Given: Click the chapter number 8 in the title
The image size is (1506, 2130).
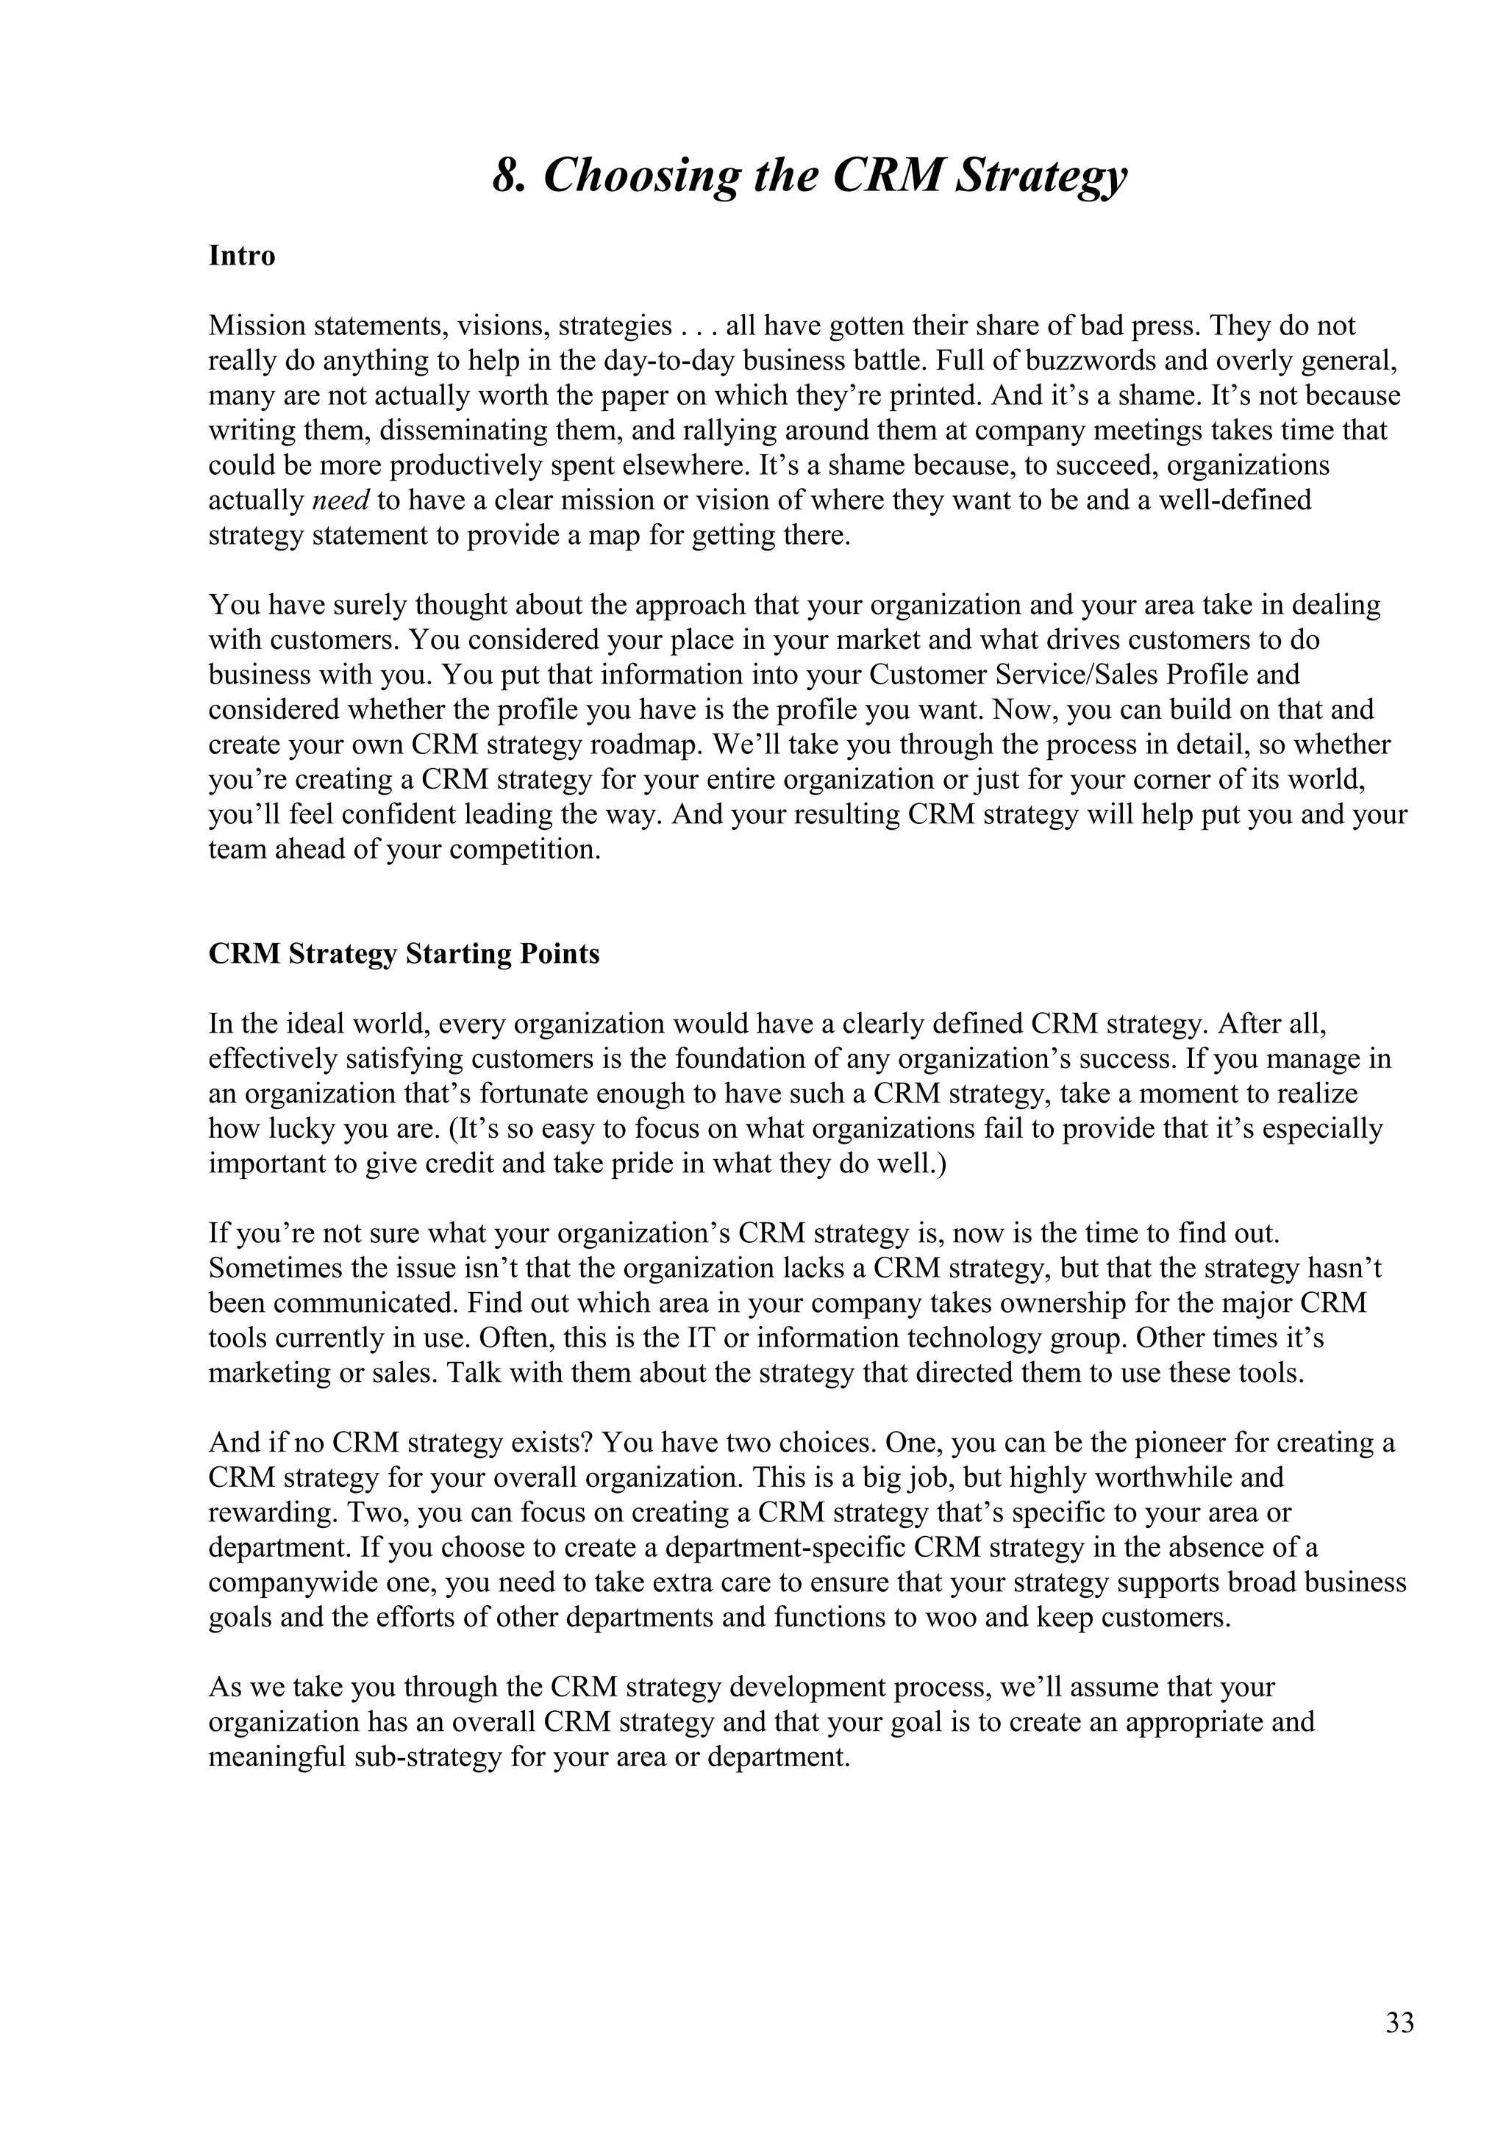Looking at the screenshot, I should [503, 176].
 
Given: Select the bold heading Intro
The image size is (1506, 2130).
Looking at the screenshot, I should [241, 255].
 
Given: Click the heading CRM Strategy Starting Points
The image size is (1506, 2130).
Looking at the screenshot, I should [404, 955].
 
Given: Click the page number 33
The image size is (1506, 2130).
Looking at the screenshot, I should [1399, 2023].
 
